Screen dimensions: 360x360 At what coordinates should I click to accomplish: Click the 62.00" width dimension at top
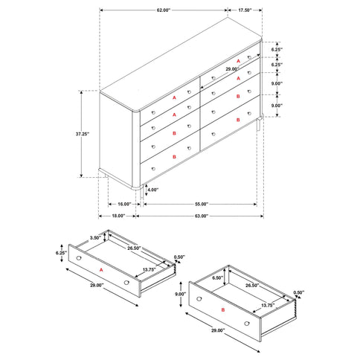163,11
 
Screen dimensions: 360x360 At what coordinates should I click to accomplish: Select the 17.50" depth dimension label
244,11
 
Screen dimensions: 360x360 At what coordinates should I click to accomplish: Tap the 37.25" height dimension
83,134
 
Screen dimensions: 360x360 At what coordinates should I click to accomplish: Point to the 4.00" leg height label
152,190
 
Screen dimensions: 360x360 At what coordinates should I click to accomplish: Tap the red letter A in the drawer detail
101,271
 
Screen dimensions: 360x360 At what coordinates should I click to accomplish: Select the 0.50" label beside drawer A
179,257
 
